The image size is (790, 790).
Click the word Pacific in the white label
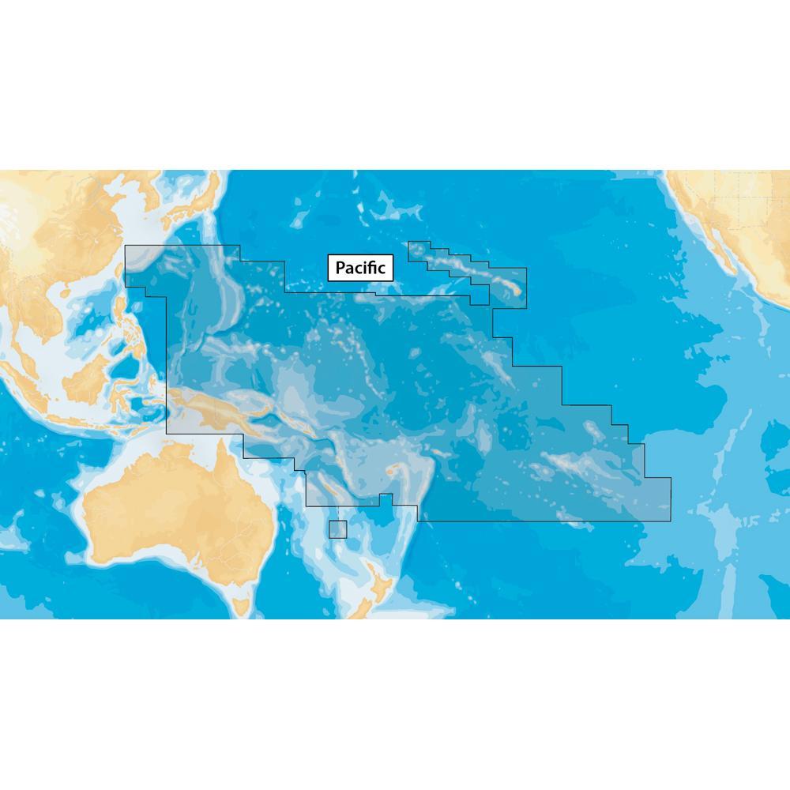pos(360,269)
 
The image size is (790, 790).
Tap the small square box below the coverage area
pos(338,529)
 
